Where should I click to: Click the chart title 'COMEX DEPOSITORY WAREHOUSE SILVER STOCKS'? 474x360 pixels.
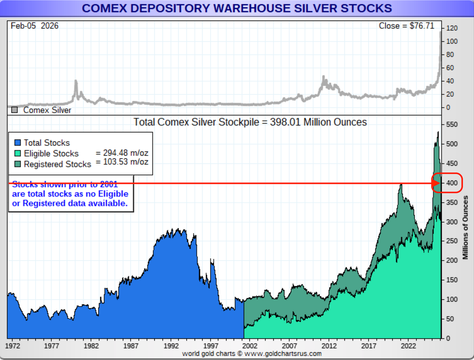(x=237, y=8)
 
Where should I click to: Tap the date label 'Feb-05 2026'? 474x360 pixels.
(x=35, y=26)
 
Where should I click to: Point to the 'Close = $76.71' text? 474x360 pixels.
(x=406, y=26)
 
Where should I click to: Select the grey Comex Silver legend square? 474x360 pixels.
(x=14, y=110)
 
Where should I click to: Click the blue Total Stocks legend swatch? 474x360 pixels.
(x=18, y=143)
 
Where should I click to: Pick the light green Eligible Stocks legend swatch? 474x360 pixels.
(x=18, y=153)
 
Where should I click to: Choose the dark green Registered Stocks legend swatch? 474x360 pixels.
(x=18, y=164)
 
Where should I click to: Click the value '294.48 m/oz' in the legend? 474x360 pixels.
(x=125, y=153)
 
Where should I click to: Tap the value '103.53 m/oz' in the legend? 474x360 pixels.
(x=125, y=162)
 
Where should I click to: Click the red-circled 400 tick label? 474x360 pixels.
(x=452, y=183)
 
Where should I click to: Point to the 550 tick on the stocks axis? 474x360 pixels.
(x=452, y=124)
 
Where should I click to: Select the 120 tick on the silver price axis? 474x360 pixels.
(x=452, y=28)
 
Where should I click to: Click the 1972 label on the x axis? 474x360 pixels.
(x=12, y=346)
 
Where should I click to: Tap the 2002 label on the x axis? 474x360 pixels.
(x=250, y=346)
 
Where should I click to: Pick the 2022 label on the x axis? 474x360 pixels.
(x=408, y=346)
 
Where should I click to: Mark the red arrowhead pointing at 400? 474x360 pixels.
(x=436, y=184)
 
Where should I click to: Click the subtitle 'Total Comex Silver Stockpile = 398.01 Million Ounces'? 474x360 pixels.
(x=250, y=122)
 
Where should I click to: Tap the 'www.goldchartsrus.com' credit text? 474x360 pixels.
(x=283, y=354)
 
